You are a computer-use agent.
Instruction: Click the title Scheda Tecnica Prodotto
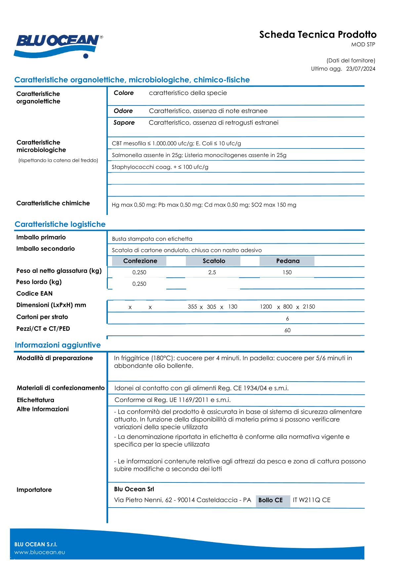317,35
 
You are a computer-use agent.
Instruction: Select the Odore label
123,111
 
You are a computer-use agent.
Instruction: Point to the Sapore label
124,123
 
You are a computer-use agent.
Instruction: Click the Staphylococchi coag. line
160,167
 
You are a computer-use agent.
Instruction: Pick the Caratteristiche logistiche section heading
60,224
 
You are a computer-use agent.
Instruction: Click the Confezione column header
140,261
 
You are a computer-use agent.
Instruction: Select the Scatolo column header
214,261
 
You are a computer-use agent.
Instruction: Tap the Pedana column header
288,261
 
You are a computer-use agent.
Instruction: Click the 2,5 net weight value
212,272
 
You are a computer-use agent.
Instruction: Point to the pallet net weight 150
287,272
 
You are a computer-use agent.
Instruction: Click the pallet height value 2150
309,307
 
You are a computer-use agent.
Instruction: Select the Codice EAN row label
34,294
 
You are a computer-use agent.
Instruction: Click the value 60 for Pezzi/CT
287,330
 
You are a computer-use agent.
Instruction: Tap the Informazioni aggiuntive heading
58,345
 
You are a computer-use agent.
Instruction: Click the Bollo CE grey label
270,500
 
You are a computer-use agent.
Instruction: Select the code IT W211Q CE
311,500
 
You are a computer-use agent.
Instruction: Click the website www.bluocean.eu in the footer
40,553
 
